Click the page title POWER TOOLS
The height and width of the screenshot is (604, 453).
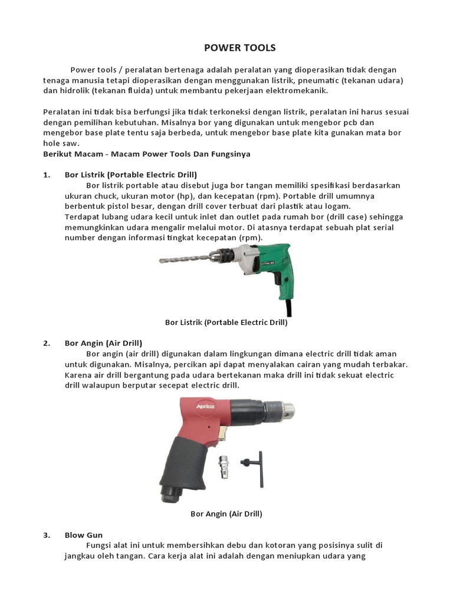point(231,48)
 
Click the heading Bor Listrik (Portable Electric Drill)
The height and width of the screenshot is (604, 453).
point(130,175)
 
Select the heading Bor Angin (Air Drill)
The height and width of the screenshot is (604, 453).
point(103,343)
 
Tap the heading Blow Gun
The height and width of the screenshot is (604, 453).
point(84,536)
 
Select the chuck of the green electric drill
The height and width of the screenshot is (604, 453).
point(221,257)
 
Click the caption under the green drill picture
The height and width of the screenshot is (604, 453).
point(226,323)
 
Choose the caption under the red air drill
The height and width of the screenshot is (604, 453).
point(226,514)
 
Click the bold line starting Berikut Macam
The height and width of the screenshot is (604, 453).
point(147,154)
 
